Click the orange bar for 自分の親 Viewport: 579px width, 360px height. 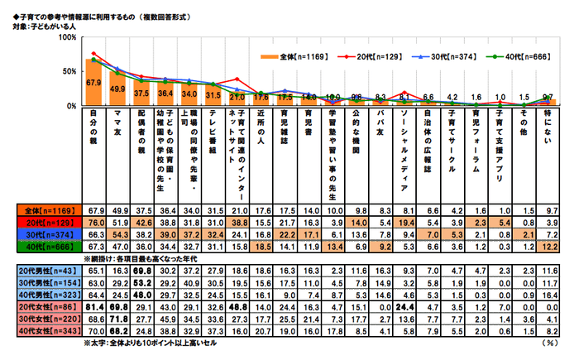[x=93, y=83]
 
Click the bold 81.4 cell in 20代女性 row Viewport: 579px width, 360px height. [x=93, y=305]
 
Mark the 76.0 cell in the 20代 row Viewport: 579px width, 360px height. [x=93, y=223]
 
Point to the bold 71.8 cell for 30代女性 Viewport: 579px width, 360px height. [x=117, y=318]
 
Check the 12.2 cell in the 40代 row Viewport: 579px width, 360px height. [x=548, y=247]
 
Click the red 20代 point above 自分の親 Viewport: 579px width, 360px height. [x=93, y=54]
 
